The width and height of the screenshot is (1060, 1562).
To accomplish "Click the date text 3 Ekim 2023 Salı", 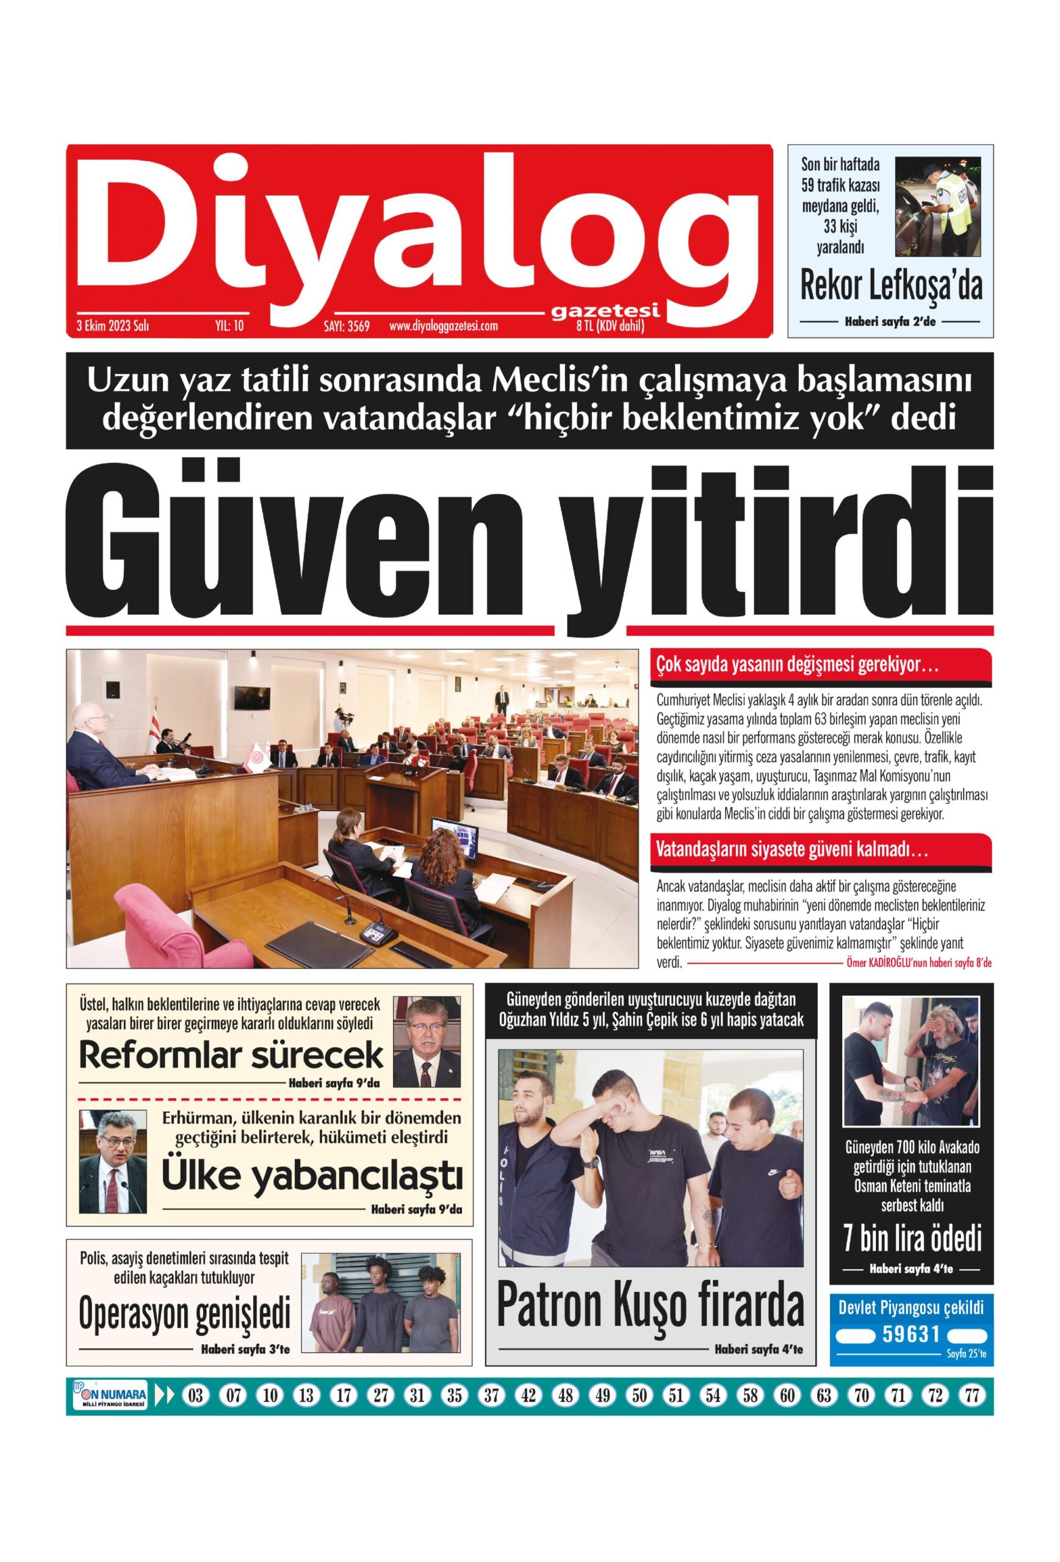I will coord(113,326).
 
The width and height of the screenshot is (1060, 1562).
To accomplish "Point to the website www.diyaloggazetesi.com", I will coord(443,326).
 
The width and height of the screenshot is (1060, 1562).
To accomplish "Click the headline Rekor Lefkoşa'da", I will coord(890,286).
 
